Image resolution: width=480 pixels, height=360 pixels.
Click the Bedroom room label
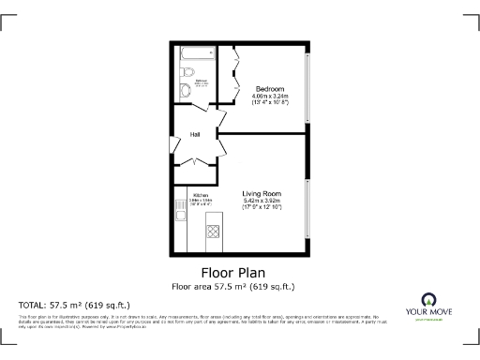click(270, 88)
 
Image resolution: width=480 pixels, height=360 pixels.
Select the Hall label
click(195, 134)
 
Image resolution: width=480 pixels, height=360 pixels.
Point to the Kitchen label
click(201, 195)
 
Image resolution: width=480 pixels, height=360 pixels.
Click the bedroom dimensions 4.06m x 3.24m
click(270, 96)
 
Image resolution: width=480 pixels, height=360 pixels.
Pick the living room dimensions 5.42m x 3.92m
click(262, 202)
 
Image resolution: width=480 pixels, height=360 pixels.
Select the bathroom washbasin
click(185, 90)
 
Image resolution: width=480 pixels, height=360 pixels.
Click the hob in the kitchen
click(213, 229)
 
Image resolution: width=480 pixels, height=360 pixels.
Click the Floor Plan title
click(239, 272)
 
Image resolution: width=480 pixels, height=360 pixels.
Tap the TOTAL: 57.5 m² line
click(74, 306)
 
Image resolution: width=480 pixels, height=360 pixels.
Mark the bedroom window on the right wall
click(307, 88)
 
